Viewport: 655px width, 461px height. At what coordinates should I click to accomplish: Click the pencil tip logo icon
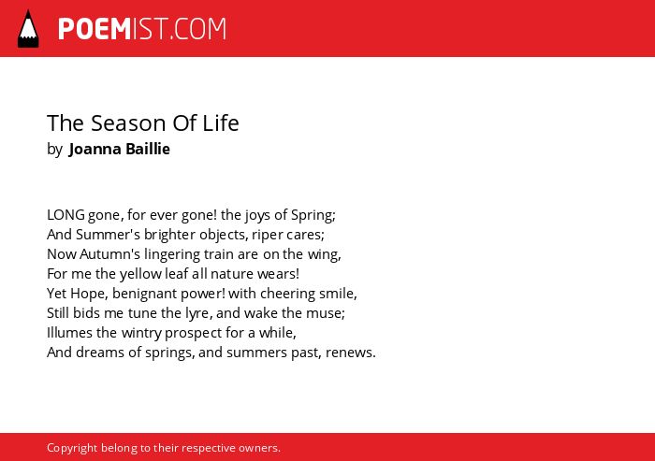(x=28, y=29)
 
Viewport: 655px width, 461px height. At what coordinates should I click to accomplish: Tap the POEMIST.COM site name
(x=142, y=29)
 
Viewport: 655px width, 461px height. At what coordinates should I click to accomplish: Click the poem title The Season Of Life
(x=143, y=123)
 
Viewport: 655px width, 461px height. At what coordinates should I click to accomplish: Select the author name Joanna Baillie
(x=120, y=149)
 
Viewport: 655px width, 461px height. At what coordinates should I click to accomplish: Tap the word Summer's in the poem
(x=108, y=235)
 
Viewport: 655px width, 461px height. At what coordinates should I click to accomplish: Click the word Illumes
(x=70, y=333)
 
